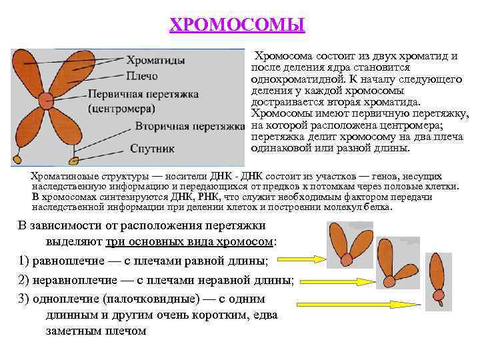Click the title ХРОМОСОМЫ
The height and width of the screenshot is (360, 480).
237,25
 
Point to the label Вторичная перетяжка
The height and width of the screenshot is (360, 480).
191,126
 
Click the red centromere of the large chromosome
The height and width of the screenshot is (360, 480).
45,101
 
